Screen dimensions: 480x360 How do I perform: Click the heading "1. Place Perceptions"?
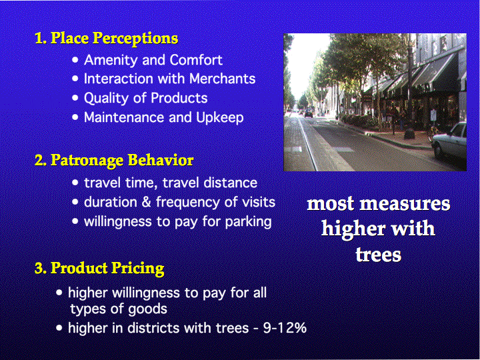pyautogui.click(x=106, y=39)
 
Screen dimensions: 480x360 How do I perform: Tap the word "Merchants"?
pyautogui.click(x=222, y=79)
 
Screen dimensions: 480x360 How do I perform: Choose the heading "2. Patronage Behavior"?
pyautogui.click(x=114, y=161)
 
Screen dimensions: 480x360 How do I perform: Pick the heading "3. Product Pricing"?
pyautogui.click(x=99, y=269)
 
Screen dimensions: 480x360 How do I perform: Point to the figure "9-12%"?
pyautogui.click(x=285, y=328)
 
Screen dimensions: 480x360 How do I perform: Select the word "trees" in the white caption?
pyautogui.click(x=379, y=255)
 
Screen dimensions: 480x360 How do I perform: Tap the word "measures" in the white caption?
pyautogui.click(x=405, y=204)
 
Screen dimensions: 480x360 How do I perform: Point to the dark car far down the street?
pyautogui.click(x=308, y=113)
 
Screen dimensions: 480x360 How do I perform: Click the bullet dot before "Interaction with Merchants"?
pyautogui.click(x=75, y=79)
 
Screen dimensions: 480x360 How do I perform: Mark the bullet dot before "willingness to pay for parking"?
pyautogui.click(x=75, y=221)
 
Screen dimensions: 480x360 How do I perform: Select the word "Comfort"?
pyautogui.click(x=196, y=60)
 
